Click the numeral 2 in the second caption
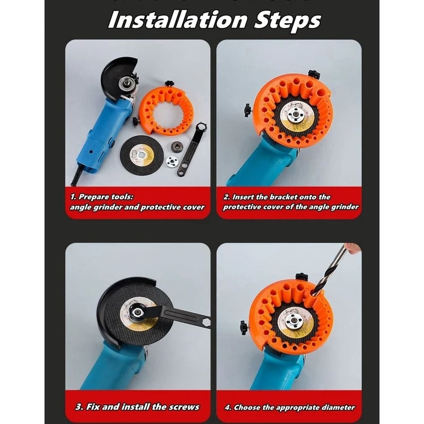click(x=226, y=197)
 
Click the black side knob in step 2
click(x=248, y=110)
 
